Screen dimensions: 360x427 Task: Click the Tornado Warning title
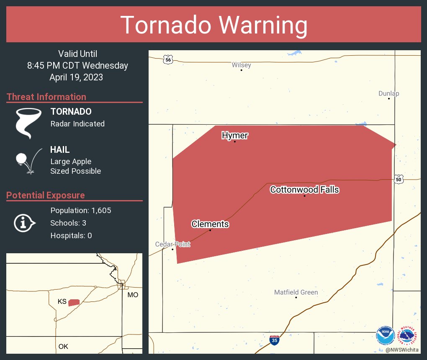[x=213, y=25]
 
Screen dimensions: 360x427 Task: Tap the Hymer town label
[x=235, y=135]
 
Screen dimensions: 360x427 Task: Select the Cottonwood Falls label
[x=304, y=190]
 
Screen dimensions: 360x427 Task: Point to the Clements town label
[x=210, y=224]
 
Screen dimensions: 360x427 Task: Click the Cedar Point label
[x=172, y=244]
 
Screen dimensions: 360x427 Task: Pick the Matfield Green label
[x=296, y=292]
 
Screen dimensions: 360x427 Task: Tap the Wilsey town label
[x=242, y=65]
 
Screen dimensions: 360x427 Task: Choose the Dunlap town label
[x=389, y=93]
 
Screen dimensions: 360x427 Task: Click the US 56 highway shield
[x=168, y=59]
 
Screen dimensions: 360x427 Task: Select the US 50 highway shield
[x=399, y=179]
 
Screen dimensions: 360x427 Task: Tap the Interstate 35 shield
[x=274, y=340]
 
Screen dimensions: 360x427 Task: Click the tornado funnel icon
[x=28, y=123]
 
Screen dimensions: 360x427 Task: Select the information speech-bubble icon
[x=24, y=223]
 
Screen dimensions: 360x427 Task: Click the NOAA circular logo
[x=385, y=335]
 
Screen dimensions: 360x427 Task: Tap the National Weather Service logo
[x=409, y=335]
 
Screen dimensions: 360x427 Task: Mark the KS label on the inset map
[x=62, y=302]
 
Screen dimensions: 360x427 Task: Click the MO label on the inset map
[x=133, y=295]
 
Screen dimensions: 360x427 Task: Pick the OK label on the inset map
[x=63, y=347]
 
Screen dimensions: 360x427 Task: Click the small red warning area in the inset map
[x=74, y=302]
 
